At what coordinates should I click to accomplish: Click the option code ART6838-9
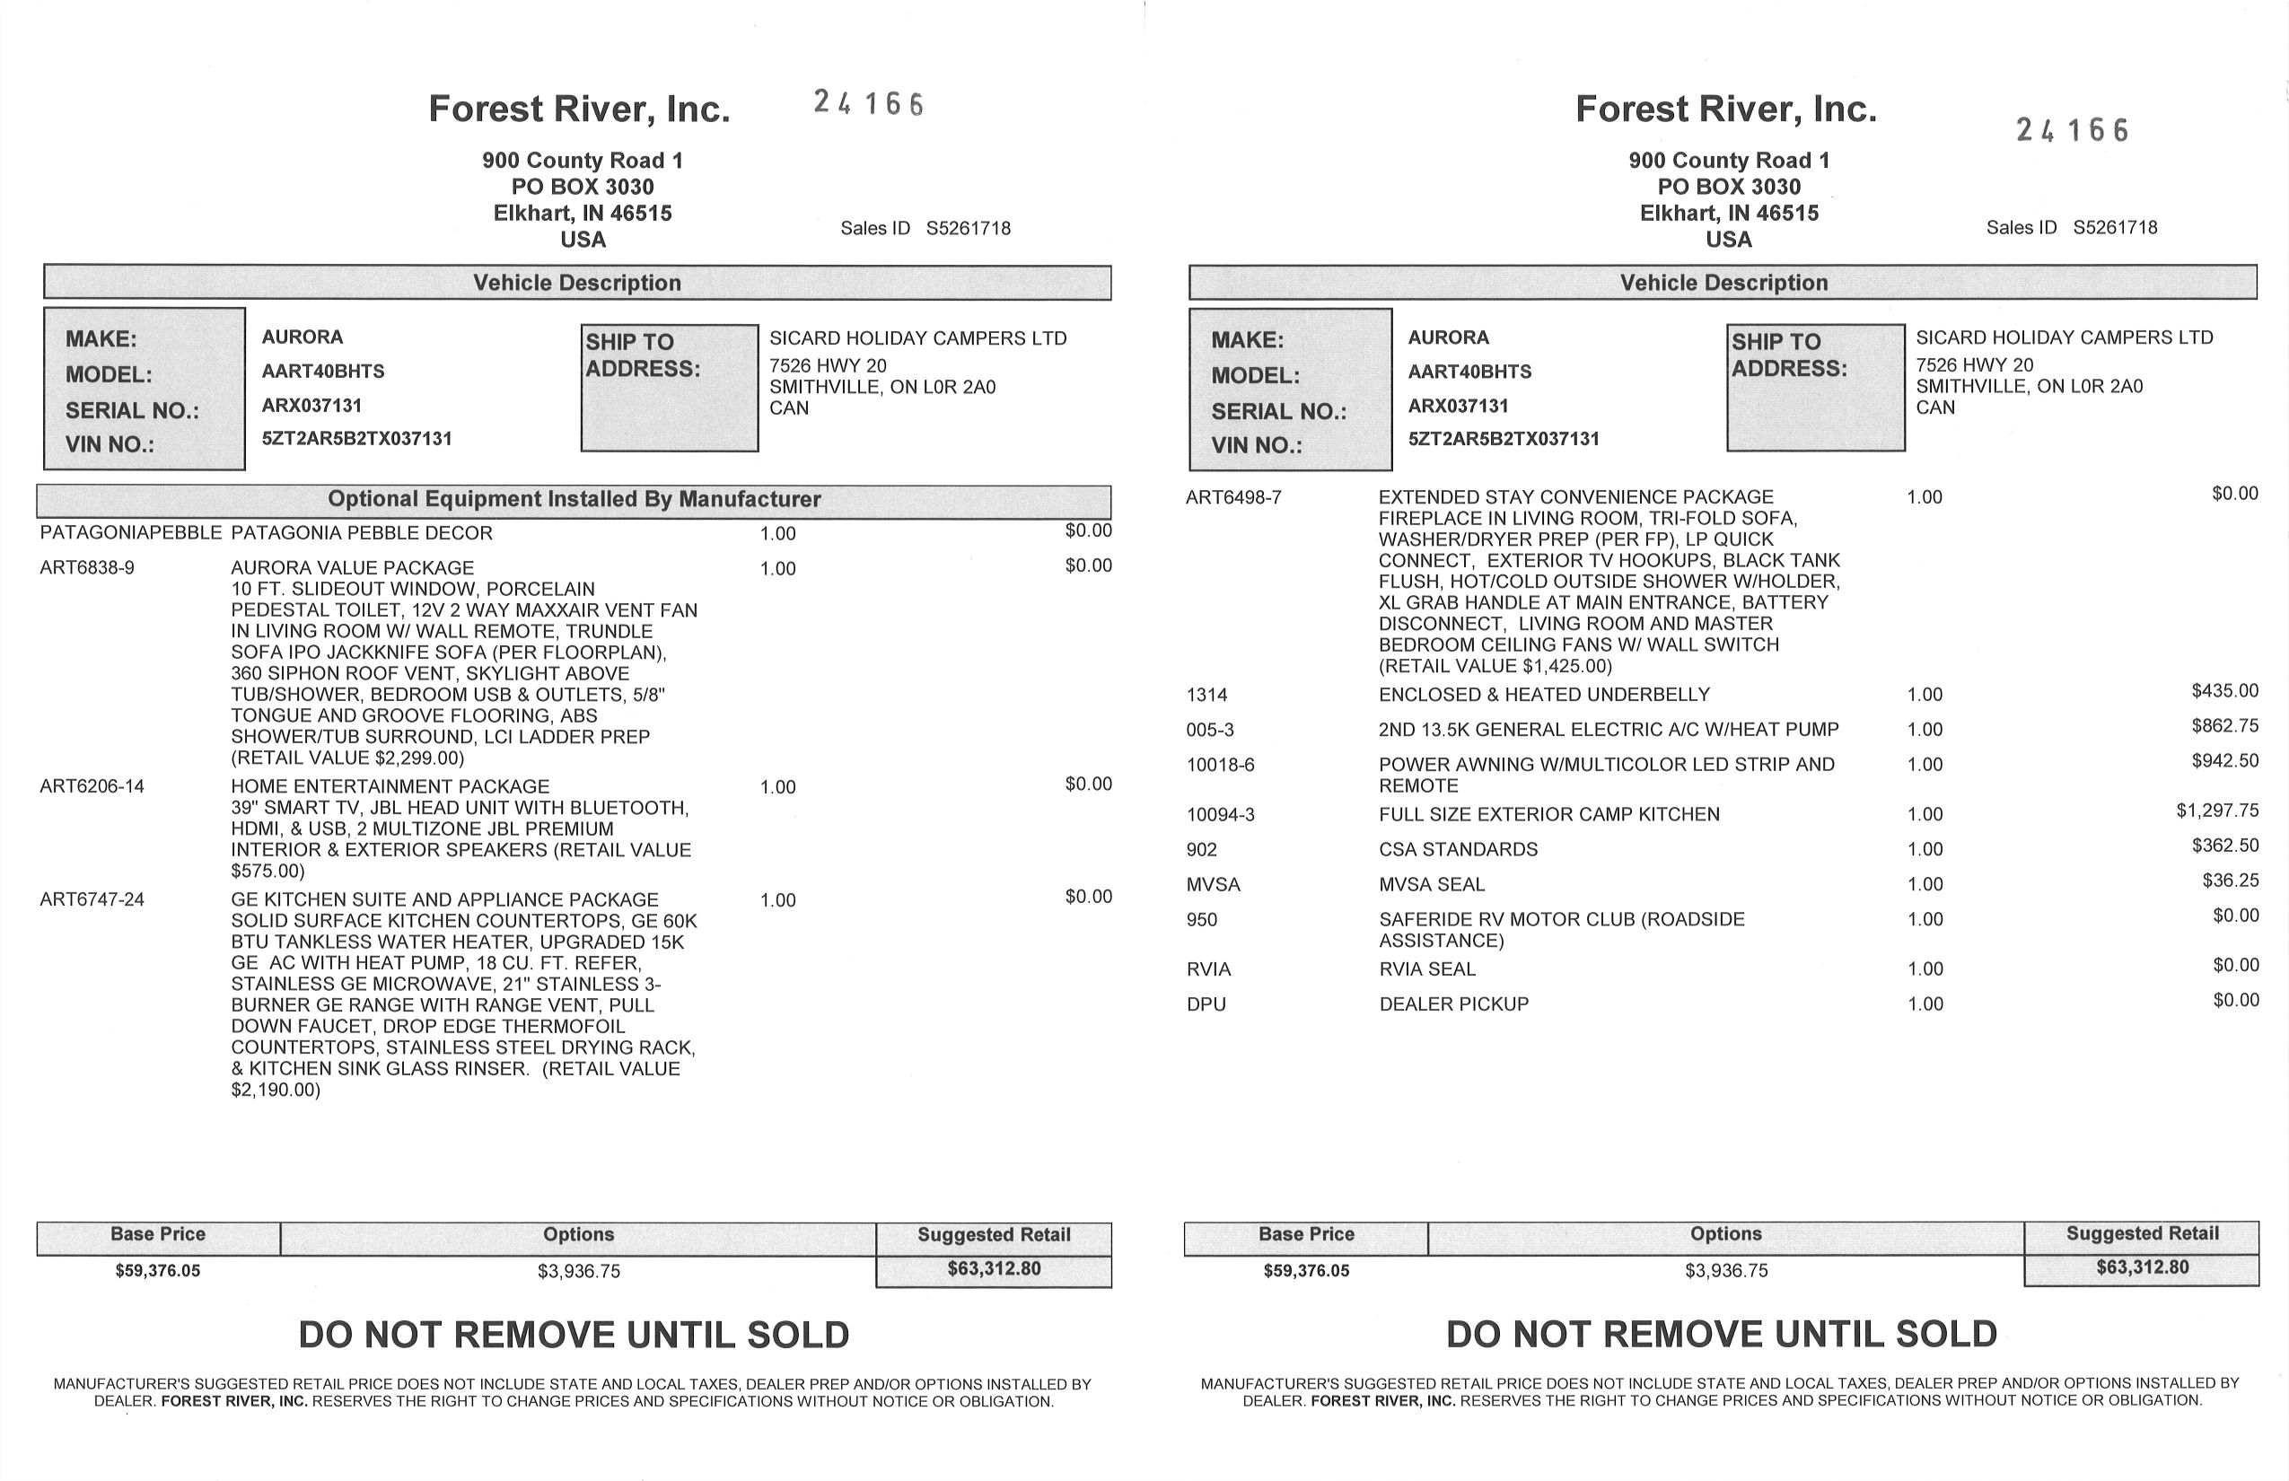point(86,568)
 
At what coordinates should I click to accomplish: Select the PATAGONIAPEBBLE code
point(131,533)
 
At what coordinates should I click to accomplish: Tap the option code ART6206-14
point(92,786)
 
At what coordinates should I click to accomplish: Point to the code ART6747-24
point(92,900)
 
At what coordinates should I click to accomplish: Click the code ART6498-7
point(1233,497)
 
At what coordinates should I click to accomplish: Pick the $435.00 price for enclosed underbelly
point(2224,690)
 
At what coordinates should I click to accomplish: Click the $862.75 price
point(2224,726)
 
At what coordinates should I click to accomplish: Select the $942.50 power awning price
point(2224,761)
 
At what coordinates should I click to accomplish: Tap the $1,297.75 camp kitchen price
point(2217,811)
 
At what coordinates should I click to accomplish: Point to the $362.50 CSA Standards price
point(2224,846)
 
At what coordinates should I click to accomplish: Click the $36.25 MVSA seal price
point(2231,881)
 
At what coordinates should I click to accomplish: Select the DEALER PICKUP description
point(1453,1004)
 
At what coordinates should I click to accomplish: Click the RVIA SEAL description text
point(1427,969)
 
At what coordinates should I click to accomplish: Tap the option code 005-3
point(1210,730)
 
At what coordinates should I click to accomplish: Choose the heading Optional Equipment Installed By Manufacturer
point(574,499)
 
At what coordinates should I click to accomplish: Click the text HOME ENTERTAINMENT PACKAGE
point(390,786)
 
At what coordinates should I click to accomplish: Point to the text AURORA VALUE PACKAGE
point(352,568)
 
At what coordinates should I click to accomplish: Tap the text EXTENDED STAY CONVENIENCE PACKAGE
point(1575,497)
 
